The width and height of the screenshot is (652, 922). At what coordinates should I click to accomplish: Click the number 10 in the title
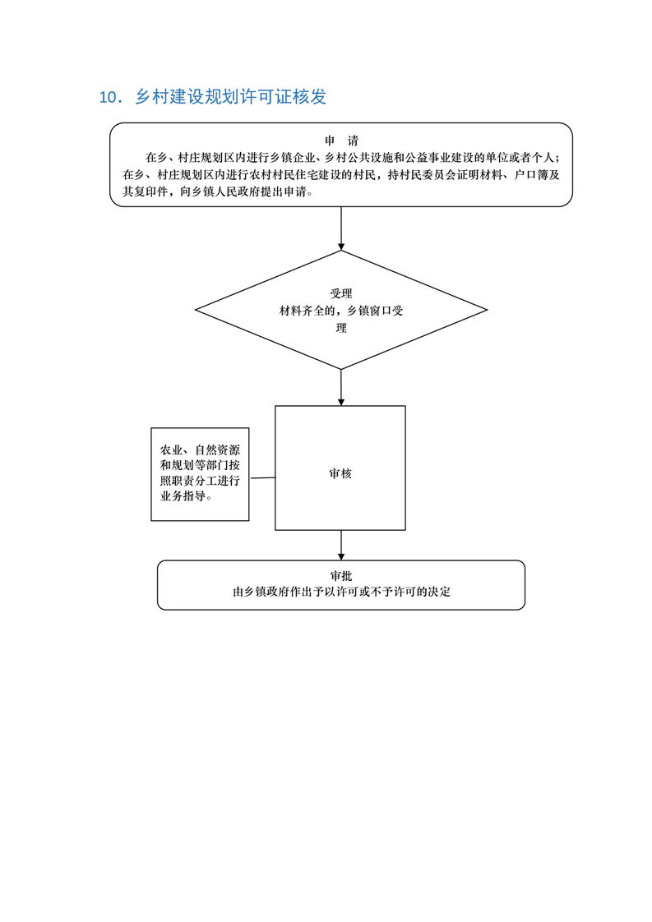(x=108, y=97)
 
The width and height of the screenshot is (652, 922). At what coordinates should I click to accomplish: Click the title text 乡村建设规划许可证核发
(x=230, y=97)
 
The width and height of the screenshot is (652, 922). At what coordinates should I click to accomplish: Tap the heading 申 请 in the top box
(x=341, y=141)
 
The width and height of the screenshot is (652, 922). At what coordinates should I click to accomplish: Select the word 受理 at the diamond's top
(x=341, y=293)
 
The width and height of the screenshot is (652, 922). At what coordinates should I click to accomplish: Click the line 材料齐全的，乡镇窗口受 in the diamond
(x=341, y=311)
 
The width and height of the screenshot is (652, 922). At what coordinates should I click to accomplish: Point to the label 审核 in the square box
(x=340, y=473)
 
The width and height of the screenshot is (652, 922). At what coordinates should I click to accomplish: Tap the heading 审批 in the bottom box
(x=341, y=575)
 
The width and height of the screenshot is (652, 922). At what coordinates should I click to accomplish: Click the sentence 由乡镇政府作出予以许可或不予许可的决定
(x=341, y=592)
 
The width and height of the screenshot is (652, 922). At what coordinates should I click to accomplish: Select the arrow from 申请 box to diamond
(x=341, y=228)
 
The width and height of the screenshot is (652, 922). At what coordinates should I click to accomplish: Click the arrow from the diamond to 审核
(x=341, y=388)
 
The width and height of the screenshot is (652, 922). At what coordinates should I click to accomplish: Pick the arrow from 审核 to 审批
(x=341, y=546)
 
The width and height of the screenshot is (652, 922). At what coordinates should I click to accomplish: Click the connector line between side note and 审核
(x=262, y=477)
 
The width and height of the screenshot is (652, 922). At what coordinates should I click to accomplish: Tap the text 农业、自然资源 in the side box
(x=200, y=450)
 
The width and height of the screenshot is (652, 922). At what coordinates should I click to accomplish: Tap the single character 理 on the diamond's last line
(x=341, y=329)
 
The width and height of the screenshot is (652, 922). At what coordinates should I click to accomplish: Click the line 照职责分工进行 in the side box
(x=200, y=482)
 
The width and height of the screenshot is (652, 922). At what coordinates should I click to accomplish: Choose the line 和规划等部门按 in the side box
(x=200, y=466)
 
